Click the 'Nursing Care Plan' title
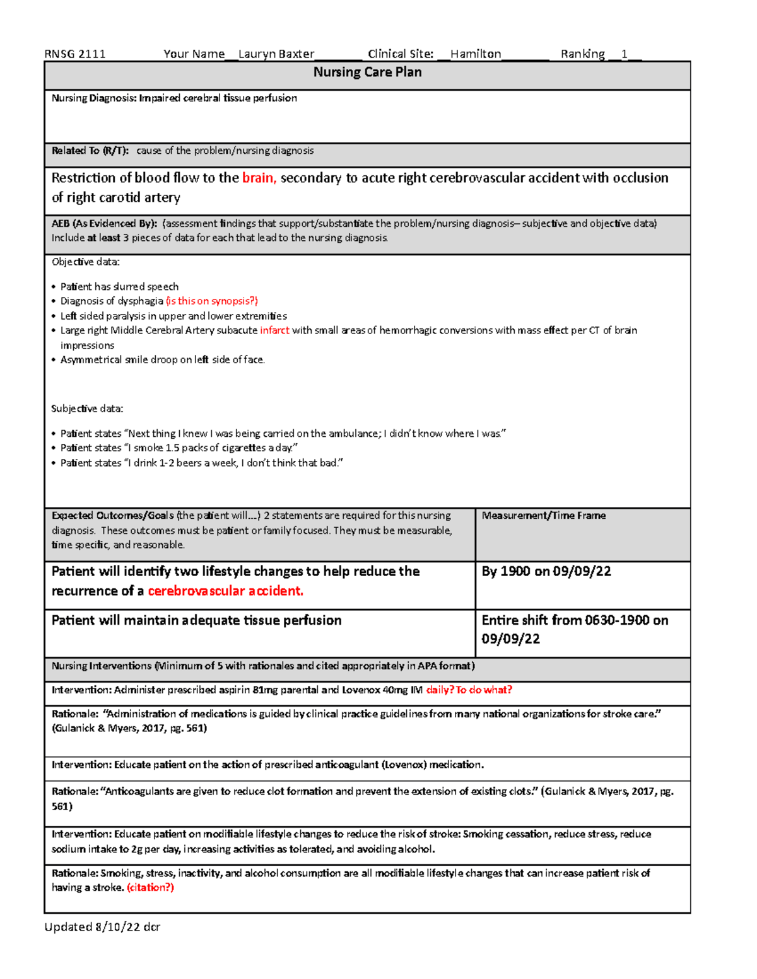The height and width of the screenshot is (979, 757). point(367,72)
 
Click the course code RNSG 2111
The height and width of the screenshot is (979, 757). point(75,54)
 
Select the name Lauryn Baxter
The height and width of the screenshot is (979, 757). point(276,54)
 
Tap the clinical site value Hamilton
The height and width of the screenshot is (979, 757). point(476,54)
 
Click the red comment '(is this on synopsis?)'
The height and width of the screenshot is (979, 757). point(212,301)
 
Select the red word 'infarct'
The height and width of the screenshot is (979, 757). point(274,330)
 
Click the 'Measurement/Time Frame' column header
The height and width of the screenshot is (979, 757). point(544,516)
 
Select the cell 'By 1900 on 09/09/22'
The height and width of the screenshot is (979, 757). point(546,571)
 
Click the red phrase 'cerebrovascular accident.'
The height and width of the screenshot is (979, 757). point(225,591)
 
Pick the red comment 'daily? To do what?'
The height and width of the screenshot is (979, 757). point(469,690)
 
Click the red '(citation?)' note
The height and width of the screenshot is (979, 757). point(150,888)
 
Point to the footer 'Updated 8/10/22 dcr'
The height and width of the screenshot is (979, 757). point(102,927)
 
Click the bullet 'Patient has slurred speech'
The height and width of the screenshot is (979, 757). point(119,287)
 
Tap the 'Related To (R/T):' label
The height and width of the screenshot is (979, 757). point(90,151)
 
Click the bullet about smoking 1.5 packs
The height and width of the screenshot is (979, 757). point(179,448)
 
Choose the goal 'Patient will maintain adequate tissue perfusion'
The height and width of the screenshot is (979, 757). point(196,620)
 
